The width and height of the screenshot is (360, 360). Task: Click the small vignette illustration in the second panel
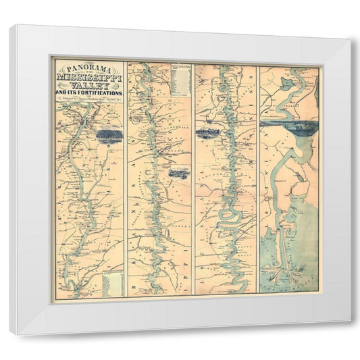coord(178,173)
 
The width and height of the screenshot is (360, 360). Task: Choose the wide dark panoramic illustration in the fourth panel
coord(288,124)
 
